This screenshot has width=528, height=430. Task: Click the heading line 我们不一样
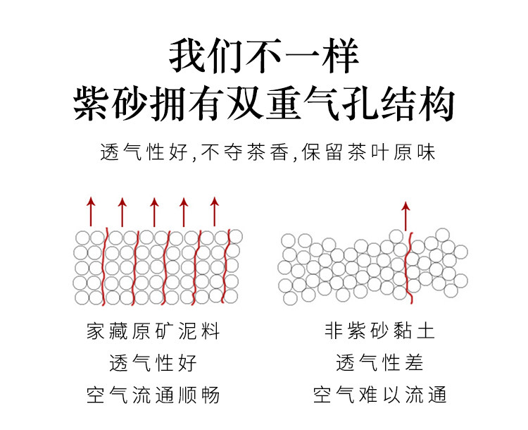[263, 56]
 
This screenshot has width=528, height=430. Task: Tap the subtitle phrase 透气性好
[145, 152]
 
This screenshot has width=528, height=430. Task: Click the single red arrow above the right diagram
[405, 214]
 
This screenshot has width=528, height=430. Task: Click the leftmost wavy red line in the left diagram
[106, 266]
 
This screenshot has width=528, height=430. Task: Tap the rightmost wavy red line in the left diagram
[228, 266]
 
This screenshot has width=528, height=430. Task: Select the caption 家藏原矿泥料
[153, 331]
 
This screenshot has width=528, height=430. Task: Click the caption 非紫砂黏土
[380, 331]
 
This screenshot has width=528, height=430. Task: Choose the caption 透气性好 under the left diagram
[153, 363]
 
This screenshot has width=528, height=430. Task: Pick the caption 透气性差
[380, 363]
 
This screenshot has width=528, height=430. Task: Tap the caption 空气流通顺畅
[153, 395]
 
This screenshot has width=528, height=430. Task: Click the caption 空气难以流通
[380, 395]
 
